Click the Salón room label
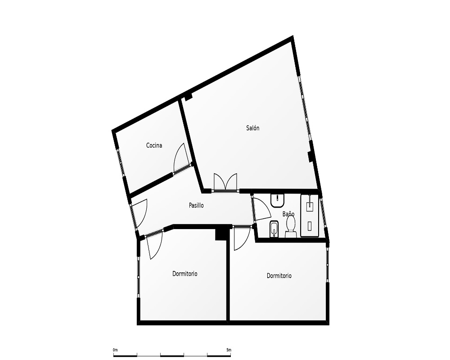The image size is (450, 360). coord(252,128)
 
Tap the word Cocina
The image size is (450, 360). coord(154,145)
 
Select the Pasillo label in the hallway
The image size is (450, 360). coord(196,205)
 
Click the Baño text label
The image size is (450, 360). coord(288,214)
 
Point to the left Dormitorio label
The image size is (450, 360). coord(185,274)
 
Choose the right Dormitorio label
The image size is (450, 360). coord(279,275)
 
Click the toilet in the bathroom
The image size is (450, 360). coord(290,227)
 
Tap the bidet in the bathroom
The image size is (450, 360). coord(274,229)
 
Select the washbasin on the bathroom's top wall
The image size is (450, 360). coord(277,200)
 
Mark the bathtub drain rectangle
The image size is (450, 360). coord(310,226)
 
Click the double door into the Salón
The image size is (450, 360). coord(225,182)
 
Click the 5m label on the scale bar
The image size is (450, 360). coord(229,350)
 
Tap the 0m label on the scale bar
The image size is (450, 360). coord(115,350)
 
